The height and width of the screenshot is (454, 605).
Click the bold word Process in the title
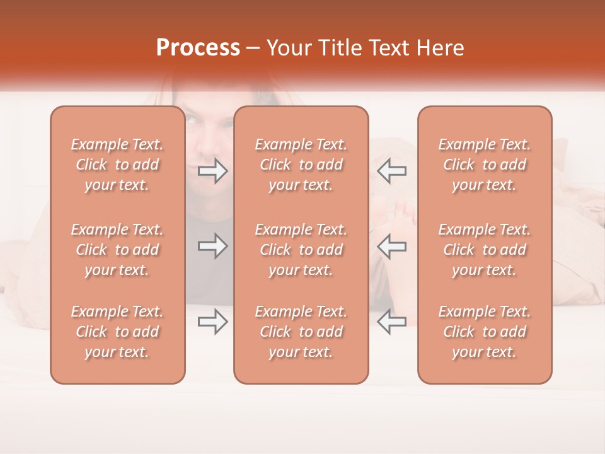198,48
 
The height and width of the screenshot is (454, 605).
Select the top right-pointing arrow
213,171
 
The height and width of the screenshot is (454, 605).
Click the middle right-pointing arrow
213,247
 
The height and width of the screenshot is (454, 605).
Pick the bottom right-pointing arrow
213,322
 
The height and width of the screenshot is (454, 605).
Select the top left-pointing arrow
391,171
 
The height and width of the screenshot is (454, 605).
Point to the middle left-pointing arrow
391,247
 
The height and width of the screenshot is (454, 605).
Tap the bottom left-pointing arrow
391,322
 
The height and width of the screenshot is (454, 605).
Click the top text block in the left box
117,165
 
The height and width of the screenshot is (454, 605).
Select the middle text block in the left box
117,250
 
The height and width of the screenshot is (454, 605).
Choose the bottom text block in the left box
117,332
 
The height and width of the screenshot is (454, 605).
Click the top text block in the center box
301,165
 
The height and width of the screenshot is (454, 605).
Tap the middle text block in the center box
301,250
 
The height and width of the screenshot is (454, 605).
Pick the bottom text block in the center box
301,332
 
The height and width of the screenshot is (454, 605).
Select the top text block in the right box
484,165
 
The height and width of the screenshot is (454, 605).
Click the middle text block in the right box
484,250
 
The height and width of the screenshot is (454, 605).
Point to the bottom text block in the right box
484,332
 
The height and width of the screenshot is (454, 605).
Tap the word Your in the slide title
288,48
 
